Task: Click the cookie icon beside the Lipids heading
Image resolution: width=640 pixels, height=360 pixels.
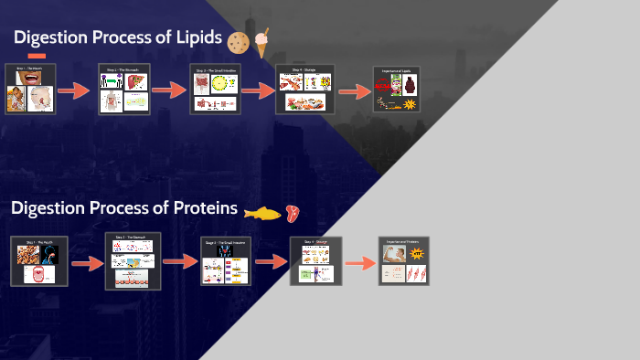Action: [x=239, y=42]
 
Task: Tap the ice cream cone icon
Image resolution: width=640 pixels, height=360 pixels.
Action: [x=262, y=42]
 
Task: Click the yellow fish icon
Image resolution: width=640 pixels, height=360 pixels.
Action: [x=261, y=213]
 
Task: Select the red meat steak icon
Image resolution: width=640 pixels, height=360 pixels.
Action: [x=292, y=213]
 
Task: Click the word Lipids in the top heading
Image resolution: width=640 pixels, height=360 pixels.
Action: [x=189, y=38]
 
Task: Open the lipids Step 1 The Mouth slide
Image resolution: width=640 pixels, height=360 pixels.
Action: [x=31, y=89]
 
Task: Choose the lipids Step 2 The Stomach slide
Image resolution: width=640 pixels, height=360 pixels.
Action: [x=123, y=90]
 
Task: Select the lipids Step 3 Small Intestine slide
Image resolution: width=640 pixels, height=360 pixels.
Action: [x=215, y=90]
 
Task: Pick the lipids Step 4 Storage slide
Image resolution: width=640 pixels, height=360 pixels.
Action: [x=304, y=90]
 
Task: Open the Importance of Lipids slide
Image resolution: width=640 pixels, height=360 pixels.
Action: [x=396, y=90]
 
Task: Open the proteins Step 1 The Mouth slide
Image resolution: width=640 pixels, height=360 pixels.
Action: [x=38, y=260]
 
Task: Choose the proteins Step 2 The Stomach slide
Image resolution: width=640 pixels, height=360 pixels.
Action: [x=133, y=260]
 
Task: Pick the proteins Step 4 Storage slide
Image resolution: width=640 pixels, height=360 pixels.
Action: [x=315, y=260]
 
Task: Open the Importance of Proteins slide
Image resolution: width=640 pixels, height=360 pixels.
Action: [x=404, y=260]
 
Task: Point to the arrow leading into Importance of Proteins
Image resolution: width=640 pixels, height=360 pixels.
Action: [x=360, y=263]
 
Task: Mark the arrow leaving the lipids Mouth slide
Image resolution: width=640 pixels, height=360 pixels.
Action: [x=74, y=91]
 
